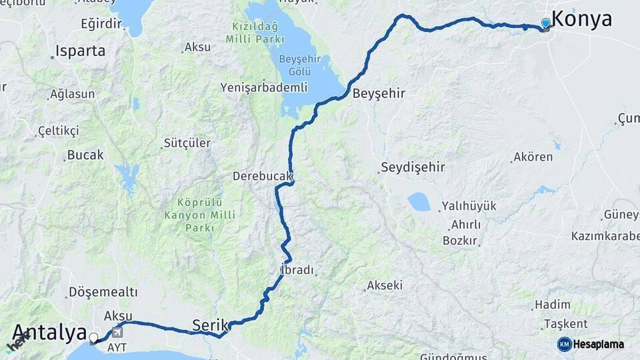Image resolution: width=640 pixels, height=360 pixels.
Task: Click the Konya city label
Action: [582, 19]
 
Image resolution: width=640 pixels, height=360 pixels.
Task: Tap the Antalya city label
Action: [49, 332]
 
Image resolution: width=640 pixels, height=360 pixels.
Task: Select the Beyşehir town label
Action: [379, 93]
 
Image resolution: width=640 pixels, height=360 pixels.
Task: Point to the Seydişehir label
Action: [413, 167]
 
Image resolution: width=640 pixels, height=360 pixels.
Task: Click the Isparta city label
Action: [80, 51]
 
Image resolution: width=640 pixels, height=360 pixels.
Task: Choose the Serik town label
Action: [210, 325]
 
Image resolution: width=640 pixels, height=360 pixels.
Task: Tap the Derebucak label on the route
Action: [263, 177]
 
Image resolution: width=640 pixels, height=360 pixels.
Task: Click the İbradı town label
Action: [297, 270]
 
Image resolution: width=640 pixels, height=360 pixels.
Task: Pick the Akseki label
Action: [384, 285]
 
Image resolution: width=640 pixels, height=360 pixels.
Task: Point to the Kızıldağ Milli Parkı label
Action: [255, 33]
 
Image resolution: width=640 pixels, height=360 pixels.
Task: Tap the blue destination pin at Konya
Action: [546, 24]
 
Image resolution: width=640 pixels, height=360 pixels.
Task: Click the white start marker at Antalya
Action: [94, 338]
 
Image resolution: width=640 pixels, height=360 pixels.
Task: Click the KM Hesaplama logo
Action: [591, 344]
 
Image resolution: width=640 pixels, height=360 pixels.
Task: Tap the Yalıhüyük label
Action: [469, 206]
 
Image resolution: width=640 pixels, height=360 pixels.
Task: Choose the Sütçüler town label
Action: [187, 143]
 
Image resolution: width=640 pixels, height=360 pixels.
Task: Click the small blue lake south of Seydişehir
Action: [419, 201]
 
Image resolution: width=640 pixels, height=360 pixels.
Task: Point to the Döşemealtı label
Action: [103, 292]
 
